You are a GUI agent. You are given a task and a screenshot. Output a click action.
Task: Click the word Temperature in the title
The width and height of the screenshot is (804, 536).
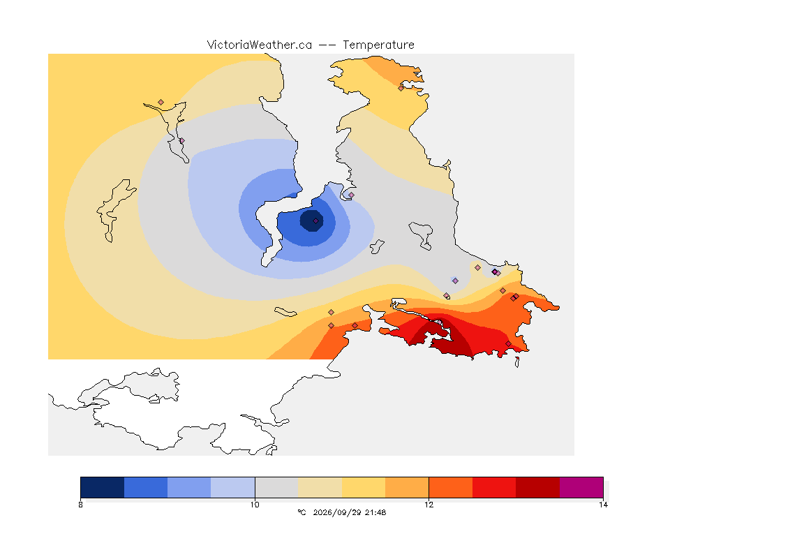point(378,45)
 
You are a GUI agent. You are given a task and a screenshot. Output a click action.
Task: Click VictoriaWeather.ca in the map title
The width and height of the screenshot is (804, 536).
point(260,45)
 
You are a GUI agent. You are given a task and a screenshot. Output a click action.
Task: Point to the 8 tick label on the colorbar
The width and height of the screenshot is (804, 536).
point(80,505)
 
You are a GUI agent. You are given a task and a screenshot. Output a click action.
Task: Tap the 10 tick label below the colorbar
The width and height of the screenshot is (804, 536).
point(255,505)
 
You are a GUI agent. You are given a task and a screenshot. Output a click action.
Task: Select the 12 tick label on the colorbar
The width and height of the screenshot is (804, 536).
point(429,505)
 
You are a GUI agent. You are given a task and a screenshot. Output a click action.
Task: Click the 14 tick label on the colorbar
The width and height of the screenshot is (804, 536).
point(603,505)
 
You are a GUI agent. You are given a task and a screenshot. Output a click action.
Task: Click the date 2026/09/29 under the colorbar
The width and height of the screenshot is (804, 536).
point(337,512)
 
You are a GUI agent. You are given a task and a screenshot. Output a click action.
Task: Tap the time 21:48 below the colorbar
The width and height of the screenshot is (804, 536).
point(375,512)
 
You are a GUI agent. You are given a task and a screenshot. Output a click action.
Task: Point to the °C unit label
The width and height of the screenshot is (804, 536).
point(301,512)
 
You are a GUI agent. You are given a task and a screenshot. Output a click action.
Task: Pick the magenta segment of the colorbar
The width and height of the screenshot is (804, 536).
point(581,487)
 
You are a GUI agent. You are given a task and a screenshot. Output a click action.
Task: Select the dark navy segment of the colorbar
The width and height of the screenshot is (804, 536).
point(103,487)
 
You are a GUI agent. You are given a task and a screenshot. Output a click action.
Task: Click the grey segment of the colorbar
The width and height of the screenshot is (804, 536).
point(276,487)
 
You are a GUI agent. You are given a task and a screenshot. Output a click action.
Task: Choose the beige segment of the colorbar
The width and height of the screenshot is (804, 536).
point(320,487)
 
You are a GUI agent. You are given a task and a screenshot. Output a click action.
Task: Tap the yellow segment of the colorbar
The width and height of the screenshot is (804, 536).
point(364,487)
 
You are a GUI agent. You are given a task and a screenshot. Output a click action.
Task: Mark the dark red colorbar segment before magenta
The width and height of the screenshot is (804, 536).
point(537,487)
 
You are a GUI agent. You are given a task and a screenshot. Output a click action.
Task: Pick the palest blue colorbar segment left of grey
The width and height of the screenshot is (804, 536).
point(233,487)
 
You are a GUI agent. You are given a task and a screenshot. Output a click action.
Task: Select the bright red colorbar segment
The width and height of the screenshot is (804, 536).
point(494,487)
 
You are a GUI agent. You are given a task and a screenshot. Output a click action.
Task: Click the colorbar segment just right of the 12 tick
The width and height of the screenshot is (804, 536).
point(451,487)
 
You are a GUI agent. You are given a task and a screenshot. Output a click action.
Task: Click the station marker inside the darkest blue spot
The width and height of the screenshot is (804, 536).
point(316,221)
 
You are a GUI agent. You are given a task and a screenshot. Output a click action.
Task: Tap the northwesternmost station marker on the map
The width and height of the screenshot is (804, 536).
point(161,103)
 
